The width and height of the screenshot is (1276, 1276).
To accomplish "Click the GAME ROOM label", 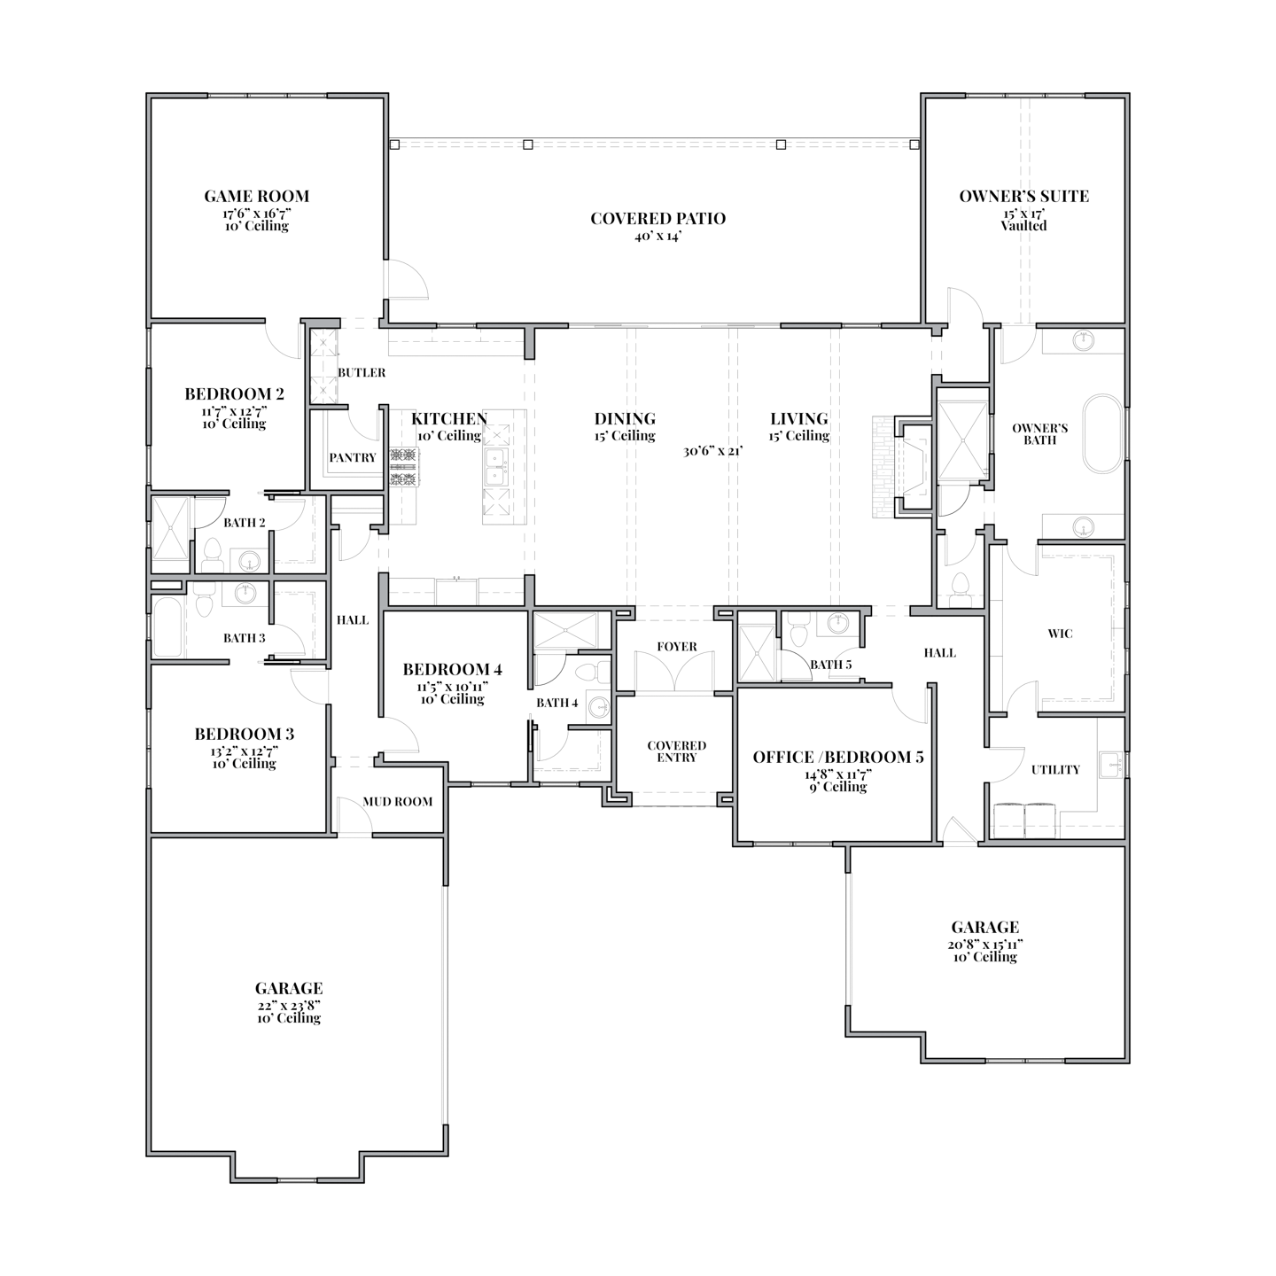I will pos(256,197).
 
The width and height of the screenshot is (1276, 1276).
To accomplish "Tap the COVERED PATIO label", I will pos(657,219).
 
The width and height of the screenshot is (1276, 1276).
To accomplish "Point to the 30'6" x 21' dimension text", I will pos(712,451).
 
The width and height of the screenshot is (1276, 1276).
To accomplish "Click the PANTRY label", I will pos(353,458).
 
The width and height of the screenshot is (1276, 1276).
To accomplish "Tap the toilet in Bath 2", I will pos(212,556).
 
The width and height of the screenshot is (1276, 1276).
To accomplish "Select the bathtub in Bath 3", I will pos(169,627).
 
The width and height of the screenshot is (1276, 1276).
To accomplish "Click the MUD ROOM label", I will pos(398,802).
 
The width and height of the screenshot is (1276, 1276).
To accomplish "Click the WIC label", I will pos(1060,634).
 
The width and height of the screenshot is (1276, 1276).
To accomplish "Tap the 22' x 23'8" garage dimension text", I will pos(288,1006).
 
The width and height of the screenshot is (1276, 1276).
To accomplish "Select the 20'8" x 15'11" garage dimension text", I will pos(984,945).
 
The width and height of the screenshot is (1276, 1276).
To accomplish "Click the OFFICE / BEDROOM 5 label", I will pos(837,758).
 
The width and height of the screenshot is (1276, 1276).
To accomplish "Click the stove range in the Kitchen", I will pos(404,468).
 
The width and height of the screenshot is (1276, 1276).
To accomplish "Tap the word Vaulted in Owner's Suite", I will pos(1023,226).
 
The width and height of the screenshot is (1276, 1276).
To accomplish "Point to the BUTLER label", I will pos(362,373).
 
